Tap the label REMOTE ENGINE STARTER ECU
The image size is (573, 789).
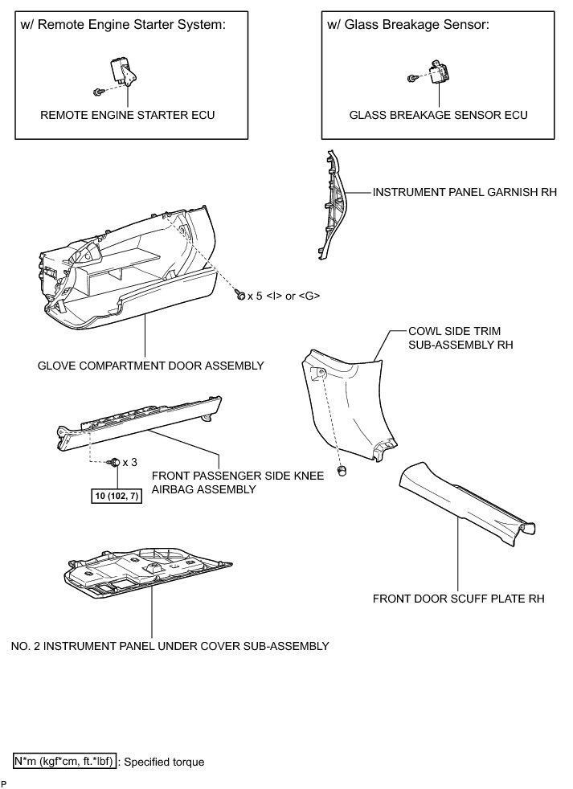128,115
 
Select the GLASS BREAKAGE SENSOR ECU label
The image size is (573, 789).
438,115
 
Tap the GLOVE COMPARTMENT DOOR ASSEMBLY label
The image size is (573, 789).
151,366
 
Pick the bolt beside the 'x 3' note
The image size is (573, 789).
115,462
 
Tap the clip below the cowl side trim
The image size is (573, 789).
343,470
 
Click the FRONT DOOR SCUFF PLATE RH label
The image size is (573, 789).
458,599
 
